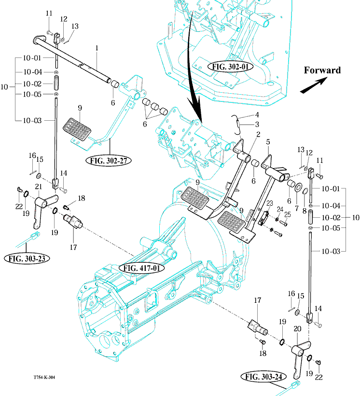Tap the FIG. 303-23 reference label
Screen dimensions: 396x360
pyautogui.click(x=27, y=258)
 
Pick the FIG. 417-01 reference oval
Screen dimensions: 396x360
pyautogui.click(x=141, y=267)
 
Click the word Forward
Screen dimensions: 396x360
pyautogui.click(x=322, y=70)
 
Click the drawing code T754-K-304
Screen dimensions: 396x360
pyautogui.click(x=44, y=378)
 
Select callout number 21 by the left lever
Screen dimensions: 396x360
pyautogui.click(x=38, y=187)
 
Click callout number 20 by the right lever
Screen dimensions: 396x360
pyautogui.click(x=297, y=329)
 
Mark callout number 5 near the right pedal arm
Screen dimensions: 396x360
pyautogui.click(x=268, y=142)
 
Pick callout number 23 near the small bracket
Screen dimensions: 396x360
pyautogui.click(x=269, y=203)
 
